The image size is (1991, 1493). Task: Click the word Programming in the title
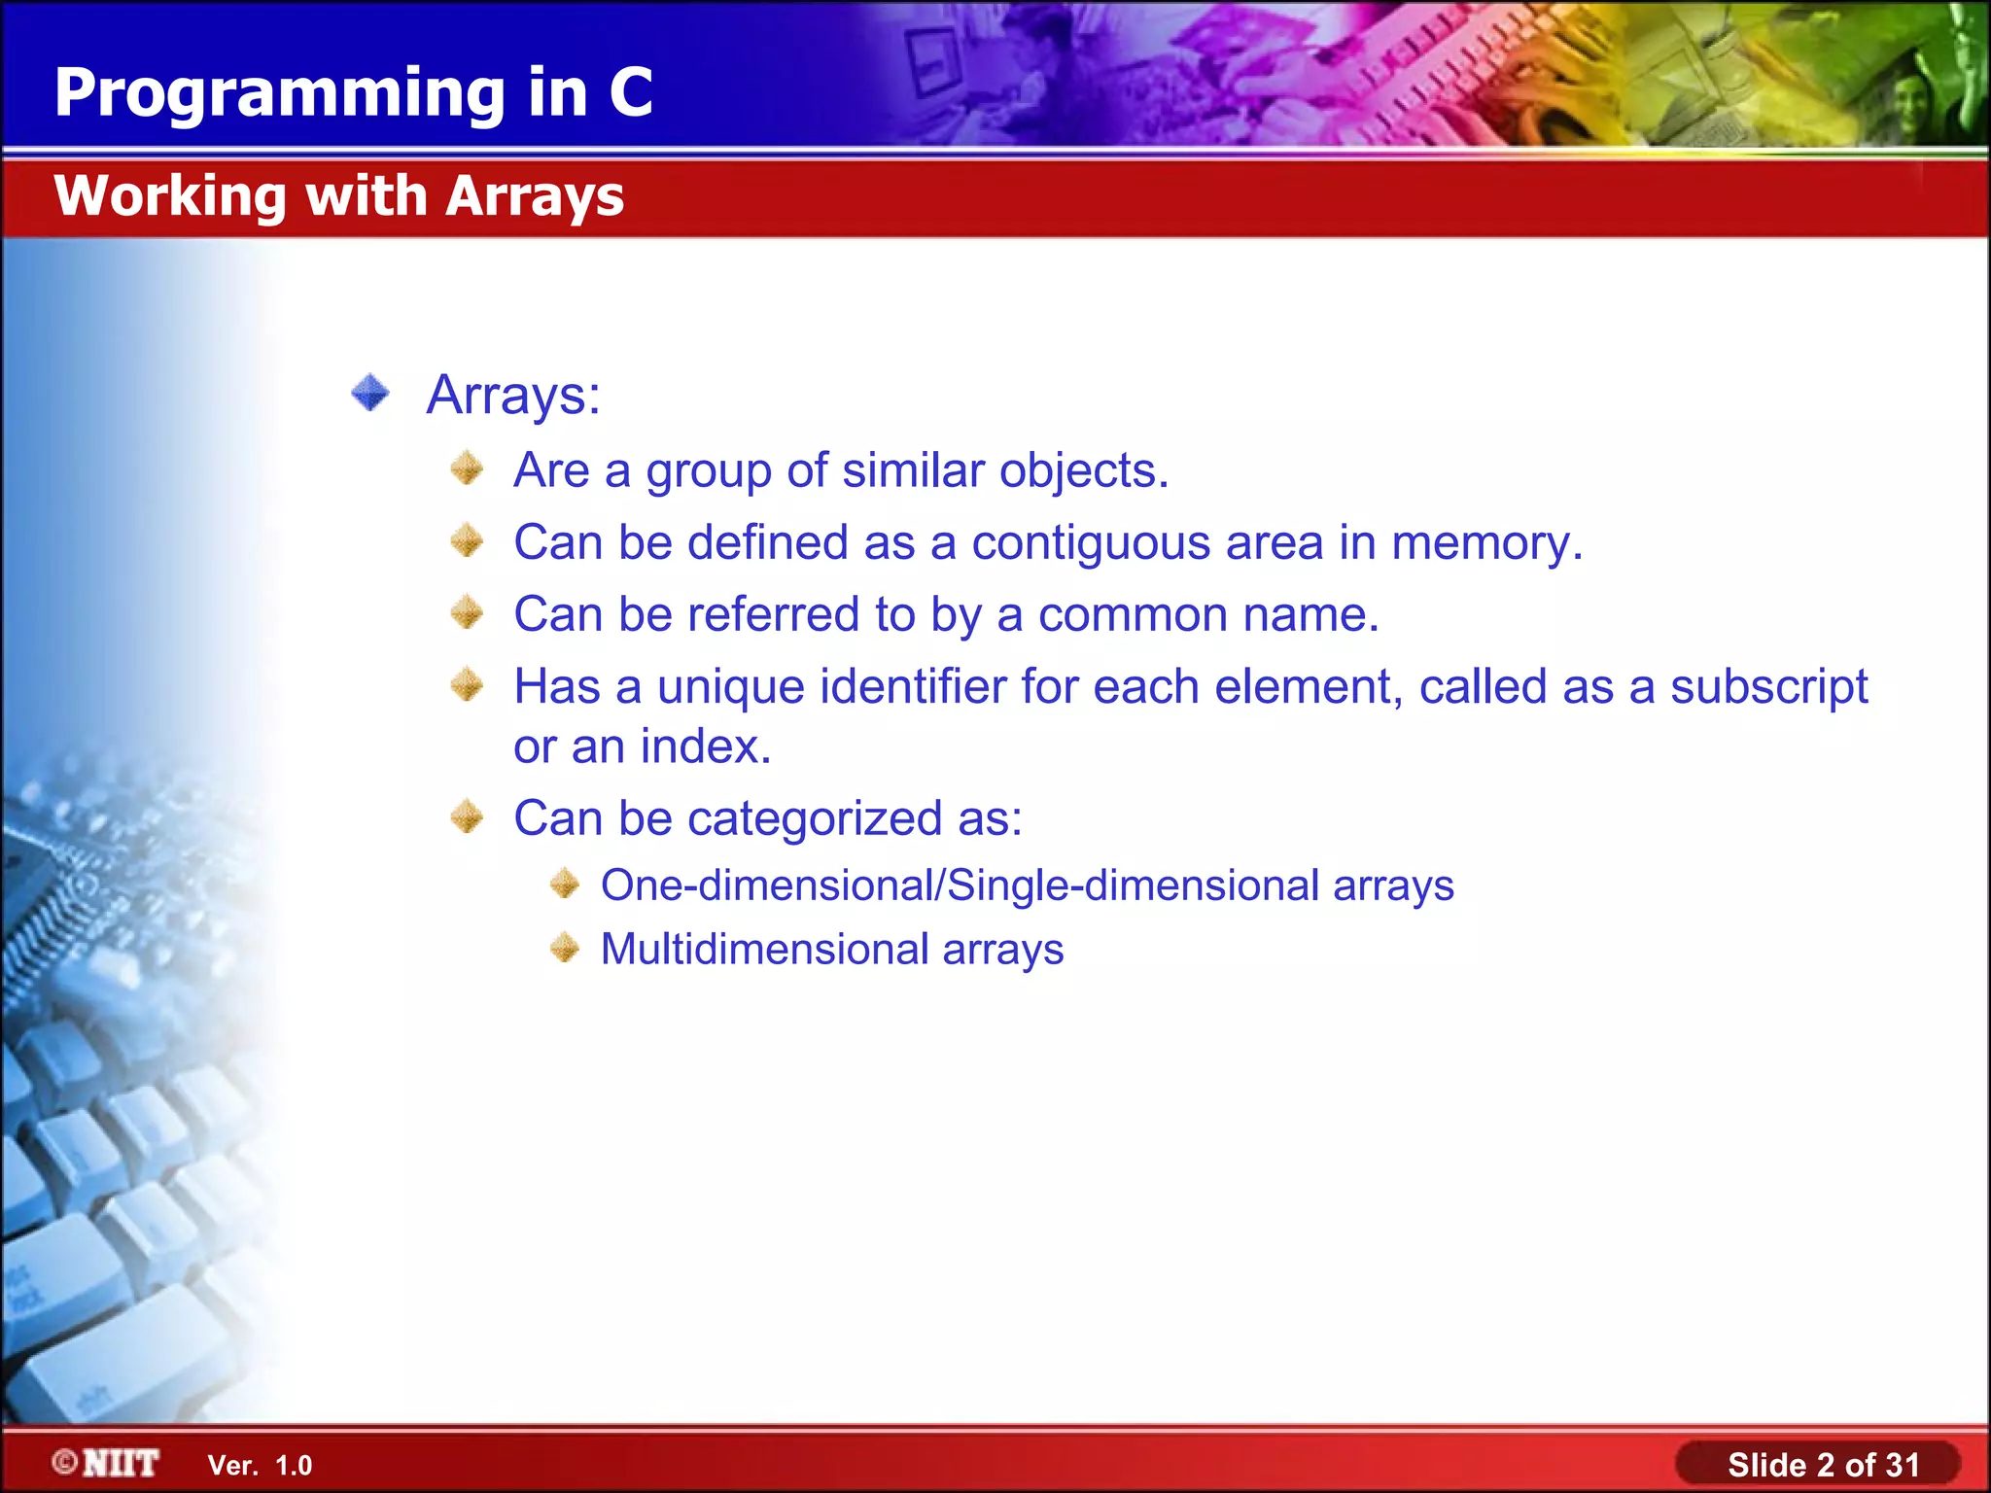[280, 94]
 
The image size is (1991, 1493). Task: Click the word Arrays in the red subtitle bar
[535, 196]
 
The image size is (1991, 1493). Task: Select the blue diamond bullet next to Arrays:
[370, 394]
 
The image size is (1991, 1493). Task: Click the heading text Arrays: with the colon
[513, 396]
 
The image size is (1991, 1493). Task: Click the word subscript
[1768, 687]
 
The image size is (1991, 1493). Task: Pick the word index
[705, 746]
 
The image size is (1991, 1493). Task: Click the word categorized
[815, 818]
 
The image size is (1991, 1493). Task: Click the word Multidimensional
[764, 950]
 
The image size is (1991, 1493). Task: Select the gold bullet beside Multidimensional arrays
[565, 948]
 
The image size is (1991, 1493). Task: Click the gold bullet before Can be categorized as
[468, 817]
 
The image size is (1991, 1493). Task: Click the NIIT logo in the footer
[107, 1463]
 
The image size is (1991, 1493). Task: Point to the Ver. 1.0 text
[260, 1466]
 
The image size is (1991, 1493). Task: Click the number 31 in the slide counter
[1901, 1465]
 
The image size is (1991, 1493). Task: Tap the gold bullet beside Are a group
[468, 469]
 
